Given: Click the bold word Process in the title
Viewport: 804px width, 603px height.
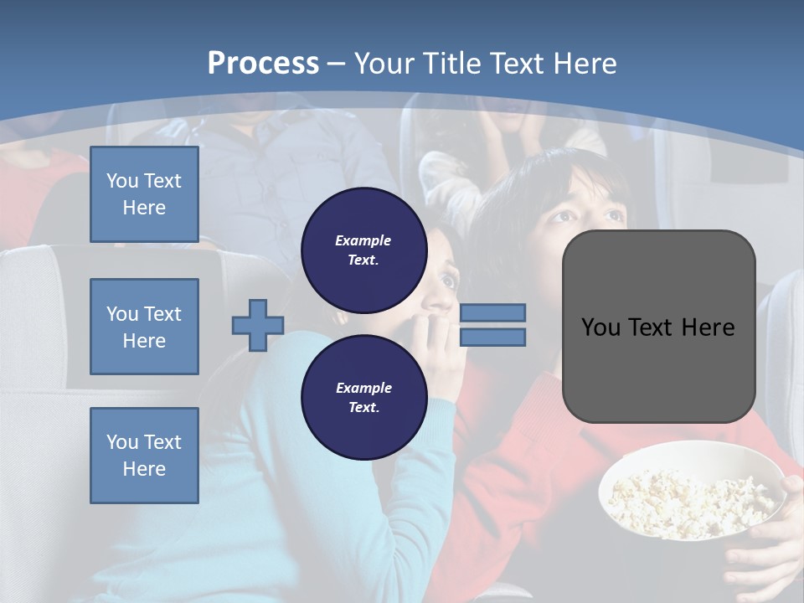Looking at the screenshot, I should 263,64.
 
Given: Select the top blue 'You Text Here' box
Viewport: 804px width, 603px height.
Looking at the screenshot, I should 144,194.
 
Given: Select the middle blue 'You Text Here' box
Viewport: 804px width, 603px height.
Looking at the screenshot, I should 144,327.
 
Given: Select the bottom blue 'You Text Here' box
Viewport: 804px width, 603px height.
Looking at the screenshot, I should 144,455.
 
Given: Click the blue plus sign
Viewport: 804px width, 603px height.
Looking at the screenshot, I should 257,325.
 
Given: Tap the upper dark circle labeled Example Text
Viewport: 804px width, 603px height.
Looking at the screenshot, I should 363,250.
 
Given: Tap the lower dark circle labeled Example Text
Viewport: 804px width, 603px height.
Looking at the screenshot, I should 363,397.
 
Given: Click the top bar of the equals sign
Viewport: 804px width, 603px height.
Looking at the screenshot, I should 492,312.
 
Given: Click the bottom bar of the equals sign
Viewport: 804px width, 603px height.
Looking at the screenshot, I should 492,337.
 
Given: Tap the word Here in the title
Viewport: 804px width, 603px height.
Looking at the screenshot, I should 585,64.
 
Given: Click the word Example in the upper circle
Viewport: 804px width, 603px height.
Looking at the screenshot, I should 363,240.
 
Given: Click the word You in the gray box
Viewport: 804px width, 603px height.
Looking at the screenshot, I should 600,327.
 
